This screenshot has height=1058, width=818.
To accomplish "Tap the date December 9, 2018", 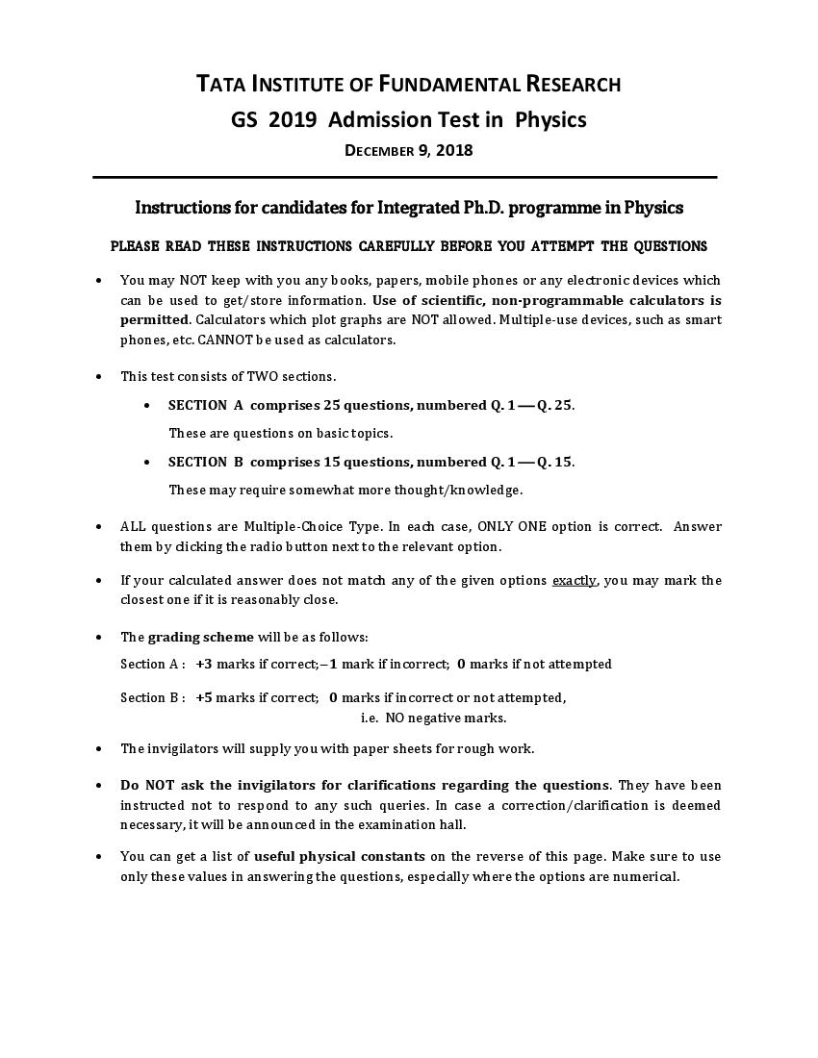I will (x=409, y=150).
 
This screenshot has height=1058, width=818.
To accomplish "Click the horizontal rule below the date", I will (x=404, y=177).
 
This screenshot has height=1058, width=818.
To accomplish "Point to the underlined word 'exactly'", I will (x=574, y=580).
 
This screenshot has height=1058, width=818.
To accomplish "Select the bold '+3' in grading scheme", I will (x=203, y=664).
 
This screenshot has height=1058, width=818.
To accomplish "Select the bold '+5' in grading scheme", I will (x=203, y=697).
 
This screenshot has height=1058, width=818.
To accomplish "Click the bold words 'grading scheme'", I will (x=200, y=637).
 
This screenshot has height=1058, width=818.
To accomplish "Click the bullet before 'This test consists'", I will (x=99, y=377).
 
